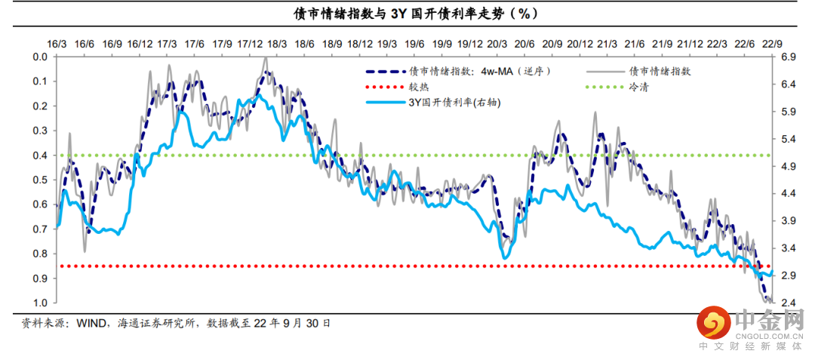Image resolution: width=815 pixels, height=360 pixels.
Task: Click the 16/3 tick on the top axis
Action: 57,45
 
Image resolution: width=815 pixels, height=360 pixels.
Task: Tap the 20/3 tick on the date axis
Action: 497,45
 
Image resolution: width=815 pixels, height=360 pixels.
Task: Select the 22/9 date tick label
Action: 770,45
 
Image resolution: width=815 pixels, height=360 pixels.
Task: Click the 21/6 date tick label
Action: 634,45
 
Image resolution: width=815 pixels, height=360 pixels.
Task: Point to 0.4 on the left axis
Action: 40,155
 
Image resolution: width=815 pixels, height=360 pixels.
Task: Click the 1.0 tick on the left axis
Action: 40,303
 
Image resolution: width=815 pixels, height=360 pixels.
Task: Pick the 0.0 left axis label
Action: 40,57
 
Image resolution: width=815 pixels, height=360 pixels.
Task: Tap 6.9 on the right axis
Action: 789,57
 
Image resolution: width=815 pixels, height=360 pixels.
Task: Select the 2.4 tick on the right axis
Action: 789,303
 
